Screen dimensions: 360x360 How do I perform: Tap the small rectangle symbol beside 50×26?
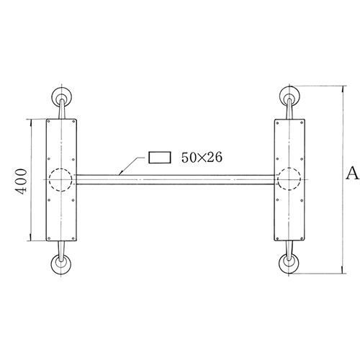pos(159,157)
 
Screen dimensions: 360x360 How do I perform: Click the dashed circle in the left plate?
pos(60,179)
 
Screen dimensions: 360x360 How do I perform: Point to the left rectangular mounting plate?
pos(60,144)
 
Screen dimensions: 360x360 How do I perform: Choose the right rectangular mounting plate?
pos(291,144)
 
